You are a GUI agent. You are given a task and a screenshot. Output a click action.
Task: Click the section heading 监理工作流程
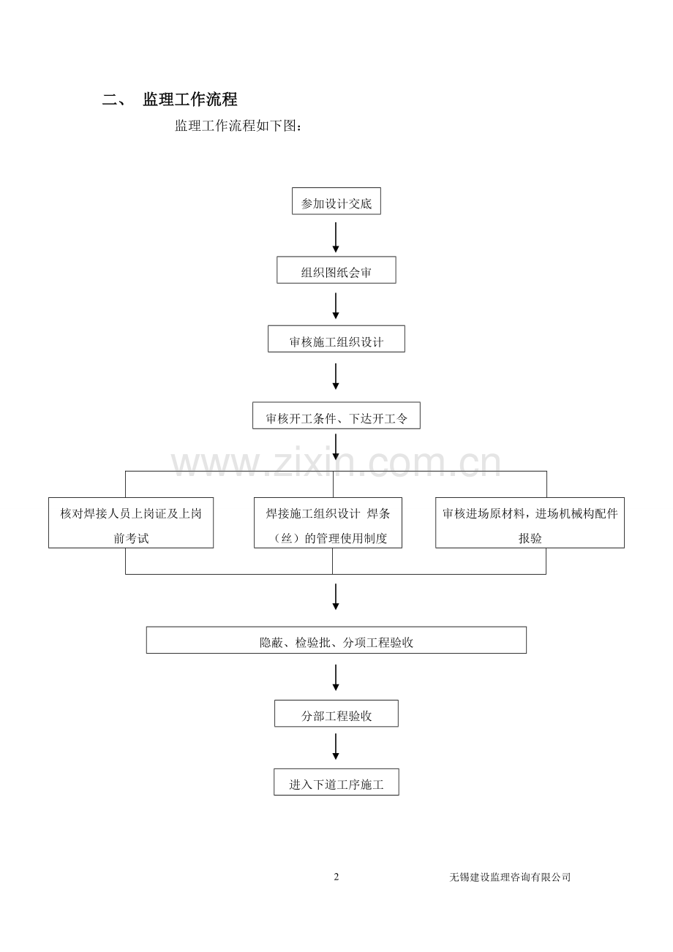[x=189, y=99]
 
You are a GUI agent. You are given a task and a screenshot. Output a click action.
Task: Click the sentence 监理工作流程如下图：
[x=238, y=126]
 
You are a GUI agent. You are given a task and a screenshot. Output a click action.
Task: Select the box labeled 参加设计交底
[x=336, y=201]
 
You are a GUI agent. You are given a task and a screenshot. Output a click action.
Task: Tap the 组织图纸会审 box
[x=336, y=270]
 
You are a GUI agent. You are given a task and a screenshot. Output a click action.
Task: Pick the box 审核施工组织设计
[x=336, y=339]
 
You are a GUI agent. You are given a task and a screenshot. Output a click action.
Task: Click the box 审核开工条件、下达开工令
[x=336, y=415]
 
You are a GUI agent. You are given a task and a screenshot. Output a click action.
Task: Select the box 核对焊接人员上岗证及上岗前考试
[x=131, y=523]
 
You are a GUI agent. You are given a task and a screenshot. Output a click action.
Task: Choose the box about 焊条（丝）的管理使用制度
[x=328, y=523]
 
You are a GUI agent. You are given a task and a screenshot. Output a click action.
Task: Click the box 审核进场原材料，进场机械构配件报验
[x=530, y=523]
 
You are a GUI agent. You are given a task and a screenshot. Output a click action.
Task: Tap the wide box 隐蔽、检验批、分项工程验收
[x=336, y=640]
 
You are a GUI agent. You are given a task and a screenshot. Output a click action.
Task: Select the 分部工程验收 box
[x=336, y=714]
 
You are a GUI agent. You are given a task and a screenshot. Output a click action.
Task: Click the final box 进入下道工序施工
[x=336, y=782]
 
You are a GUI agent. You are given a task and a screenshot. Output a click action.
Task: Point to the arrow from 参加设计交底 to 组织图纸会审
[x=336, y=237]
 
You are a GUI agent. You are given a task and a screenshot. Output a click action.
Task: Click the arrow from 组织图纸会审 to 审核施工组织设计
[x=336, y=306]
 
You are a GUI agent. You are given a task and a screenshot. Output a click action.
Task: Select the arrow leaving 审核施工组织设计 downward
[x=336, y=377]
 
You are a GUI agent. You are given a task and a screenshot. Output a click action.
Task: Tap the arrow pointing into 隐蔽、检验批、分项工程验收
[x=336, y=597]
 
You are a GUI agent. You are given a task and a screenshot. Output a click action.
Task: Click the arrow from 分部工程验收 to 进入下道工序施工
[x=336, y=747]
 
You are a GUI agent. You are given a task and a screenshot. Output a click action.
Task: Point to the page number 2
[x=336, y=877]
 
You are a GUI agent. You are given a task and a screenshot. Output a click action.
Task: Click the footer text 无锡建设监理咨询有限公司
[x=510, y=877]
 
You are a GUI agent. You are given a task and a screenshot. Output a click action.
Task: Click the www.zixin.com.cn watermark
[x=336, y=462]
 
